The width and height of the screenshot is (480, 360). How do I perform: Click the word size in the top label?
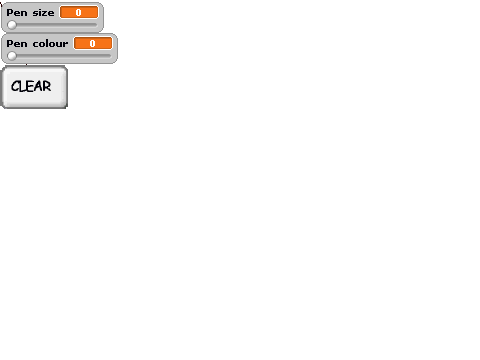(x=43, y=13)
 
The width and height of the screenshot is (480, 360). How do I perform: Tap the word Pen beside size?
(x=17, y=13)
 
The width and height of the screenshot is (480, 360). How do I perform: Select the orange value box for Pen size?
(x=79, y=12)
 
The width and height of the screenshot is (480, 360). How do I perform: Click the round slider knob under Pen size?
(x=12, y=25)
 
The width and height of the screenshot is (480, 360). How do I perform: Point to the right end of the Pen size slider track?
(x=97, y=25)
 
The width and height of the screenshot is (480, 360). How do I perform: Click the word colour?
(x=50, y=44)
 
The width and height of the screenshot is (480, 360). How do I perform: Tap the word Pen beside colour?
(x=17, y=44)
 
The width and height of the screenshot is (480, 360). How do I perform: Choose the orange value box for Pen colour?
(x=93, y=43)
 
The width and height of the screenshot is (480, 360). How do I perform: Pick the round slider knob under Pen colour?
(x=12, y=56)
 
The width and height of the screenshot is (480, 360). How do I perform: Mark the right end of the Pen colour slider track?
(x=111, y=56)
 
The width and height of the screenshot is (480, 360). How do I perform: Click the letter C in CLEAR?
(x=15, y=87)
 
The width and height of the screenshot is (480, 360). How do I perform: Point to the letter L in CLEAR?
(x=21, y=86)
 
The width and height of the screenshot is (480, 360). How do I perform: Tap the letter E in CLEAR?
(x=29, y=86)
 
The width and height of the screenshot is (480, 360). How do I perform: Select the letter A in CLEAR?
(x=37, y=86)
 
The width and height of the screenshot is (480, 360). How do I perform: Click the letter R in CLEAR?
(x=47, y=86)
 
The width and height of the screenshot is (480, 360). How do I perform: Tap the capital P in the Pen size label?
(x=10, y=13)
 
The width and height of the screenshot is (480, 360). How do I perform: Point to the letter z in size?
(x=45, y=13)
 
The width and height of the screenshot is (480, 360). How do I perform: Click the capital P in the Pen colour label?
(x=10, y=44)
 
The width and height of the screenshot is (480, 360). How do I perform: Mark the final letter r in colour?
(x=65, y=44)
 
